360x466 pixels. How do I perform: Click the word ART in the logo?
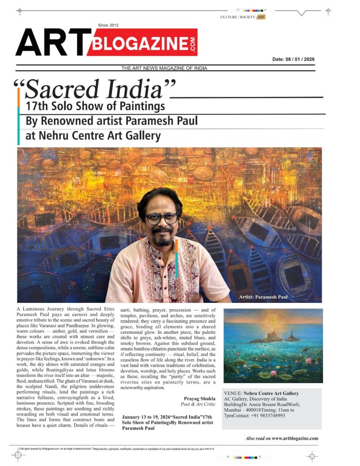pos(51,43)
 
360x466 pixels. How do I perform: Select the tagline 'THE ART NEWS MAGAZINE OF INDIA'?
pos(164,68)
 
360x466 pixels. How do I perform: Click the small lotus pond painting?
pos(272,346)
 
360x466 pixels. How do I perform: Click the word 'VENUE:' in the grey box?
pos(233,393)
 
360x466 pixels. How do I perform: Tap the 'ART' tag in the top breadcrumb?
pos(261,17)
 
